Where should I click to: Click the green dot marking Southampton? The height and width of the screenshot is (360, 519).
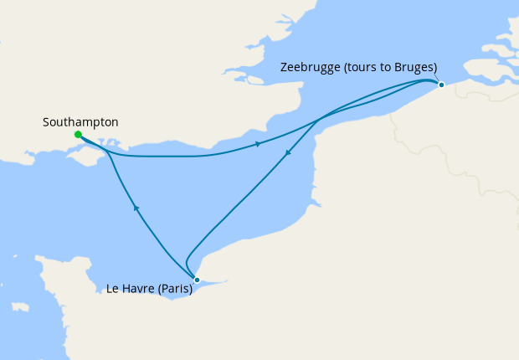(77, 134)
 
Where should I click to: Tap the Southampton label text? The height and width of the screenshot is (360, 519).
(80, 122)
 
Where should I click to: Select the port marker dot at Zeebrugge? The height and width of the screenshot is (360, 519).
(441, 85)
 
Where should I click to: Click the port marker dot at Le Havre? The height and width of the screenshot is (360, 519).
(197, 280)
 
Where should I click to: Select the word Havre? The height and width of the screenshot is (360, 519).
(141, 290)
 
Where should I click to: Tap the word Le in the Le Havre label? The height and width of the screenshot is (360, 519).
(114, 290)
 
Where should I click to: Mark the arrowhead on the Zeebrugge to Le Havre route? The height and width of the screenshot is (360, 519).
(288, 153)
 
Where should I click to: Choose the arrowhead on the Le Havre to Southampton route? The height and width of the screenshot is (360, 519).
(136, 208)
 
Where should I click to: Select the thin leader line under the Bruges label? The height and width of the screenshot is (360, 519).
(437, 77)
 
